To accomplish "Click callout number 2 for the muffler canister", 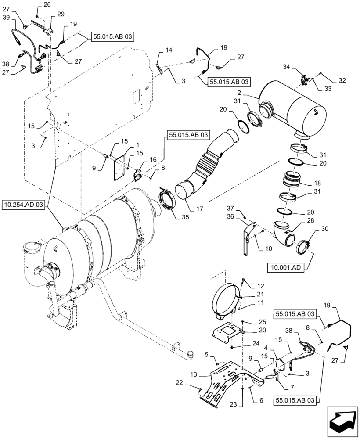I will point(251,94).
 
